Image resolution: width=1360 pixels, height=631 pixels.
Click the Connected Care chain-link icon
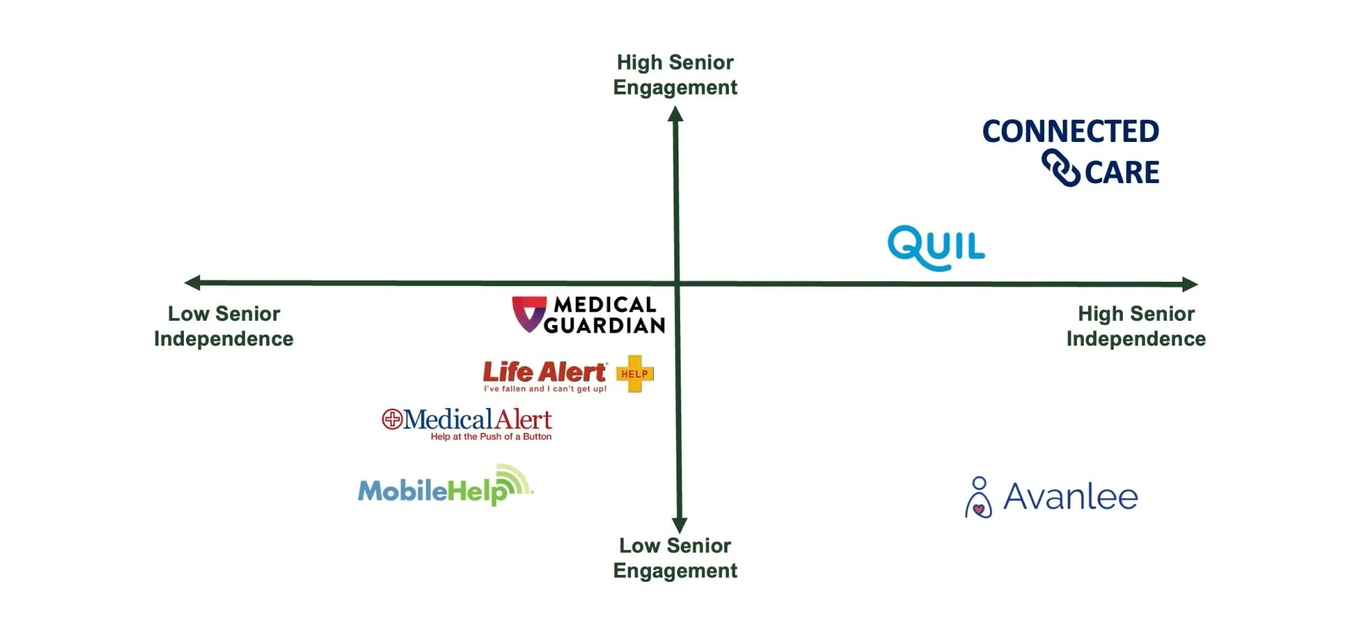click(1060, 168)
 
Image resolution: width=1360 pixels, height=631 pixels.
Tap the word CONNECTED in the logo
click(1070, 131)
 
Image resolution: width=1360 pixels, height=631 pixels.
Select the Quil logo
click(936, 247)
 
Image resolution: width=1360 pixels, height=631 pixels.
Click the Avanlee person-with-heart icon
click(979, 498)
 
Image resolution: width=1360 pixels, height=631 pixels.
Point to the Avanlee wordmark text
click(1070, 497)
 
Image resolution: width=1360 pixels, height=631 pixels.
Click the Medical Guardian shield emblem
click(529, 314)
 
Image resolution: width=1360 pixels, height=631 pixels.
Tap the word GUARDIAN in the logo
click(605, 326)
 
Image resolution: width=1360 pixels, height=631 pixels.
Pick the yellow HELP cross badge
click(635, 374)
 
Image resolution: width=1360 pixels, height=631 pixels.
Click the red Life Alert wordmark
click(544, 372)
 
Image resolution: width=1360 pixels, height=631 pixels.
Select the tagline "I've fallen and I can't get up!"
click(545, 389)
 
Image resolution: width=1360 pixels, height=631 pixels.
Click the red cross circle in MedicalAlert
click(392, 419)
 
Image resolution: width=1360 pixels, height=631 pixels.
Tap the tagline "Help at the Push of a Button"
click(491, 437)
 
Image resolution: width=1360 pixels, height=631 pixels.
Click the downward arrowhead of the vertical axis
click(679, 525)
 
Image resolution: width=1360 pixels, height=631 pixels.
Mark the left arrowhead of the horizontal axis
click(192, 282)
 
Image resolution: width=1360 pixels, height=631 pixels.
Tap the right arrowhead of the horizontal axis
click(1190, 285)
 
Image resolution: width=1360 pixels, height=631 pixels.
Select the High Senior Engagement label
click(675, 75)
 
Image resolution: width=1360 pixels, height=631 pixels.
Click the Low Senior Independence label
click(224, 326)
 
